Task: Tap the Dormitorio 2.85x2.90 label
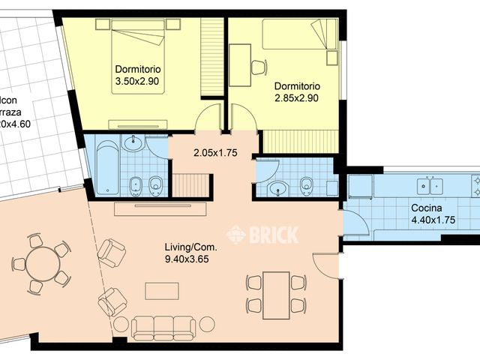point(297,91)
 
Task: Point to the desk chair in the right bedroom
point(258,67)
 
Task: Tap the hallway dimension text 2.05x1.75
point(214,153)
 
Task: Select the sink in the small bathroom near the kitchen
point(277,187)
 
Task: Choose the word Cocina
point(425,208)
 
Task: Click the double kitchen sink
point(433,181)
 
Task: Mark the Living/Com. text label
point(191,247)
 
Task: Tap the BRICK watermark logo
point(262,234)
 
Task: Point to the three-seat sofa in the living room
point(163,326)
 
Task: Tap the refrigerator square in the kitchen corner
point(359,186)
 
